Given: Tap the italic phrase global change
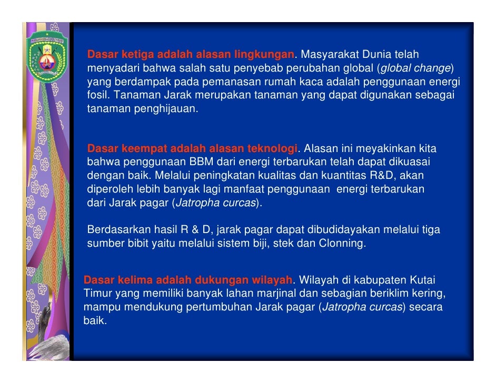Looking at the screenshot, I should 415,68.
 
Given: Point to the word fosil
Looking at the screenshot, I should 98,96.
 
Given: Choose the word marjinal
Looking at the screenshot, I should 306,293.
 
